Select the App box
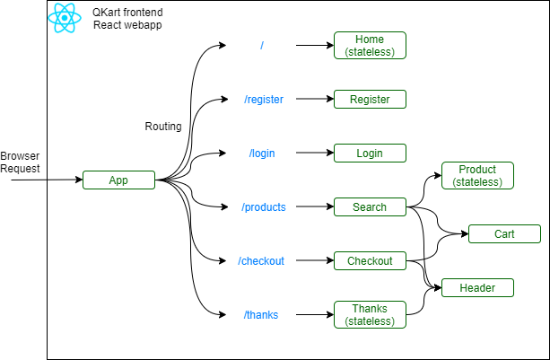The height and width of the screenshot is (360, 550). [x=118, y=180]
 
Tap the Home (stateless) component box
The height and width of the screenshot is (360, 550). [x=370, y=46]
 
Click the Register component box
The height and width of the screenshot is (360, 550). [x=370, y=100]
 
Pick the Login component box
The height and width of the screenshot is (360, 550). [x=370, y=154]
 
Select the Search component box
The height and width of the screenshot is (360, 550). [x=370, y=207]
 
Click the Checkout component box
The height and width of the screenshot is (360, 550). [x=370, y=261]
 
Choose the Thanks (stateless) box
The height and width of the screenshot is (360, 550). [x=370, y=315]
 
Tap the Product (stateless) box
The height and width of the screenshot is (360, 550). [x=477, y=176]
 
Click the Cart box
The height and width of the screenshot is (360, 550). [x=504, y=234]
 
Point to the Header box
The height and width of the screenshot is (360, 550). [x=477, y=288]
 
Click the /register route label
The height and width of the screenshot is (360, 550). [x=263, y=100]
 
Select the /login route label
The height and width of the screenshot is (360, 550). [x=262, y=154]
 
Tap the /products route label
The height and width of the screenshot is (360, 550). [x=263, y=207]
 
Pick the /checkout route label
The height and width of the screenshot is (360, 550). [x=261, y=261]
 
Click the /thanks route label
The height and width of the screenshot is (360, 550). [x=261, y=315]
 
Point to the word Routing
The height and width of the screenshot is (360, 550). [x=163, y=127]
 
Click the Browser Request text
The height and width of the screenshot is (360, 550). [x=20, y=162]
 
